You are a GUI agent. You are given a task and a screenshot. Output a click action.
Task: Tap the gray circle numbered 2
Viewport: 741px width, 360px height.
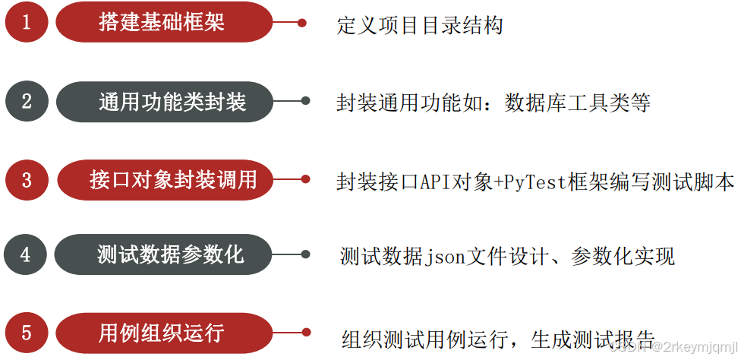27,101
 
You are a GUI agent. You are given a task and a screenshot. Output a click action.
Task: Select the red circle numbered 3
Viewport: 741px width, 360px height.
27,180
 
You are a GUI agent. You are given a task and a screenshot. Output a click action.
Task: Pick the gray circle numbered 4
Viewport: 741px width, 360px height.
27,254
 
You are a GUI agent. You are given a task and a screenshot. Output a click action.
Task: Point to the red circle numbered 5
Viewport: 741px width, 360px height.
27,333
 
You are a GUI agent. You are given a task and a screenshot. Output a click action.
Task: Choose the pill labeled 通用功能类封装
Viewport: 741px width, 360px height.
164,101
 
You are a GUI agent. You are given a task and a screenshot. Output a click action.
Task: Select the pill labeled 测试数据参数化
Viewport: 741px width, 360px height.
164,254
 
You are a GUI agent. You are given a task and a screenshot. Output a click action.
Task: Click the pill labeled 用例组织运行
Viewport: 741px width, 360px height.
164,333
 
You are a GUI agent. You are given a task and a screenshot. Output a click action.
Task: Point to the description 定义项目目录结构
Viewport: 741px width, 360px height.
419,26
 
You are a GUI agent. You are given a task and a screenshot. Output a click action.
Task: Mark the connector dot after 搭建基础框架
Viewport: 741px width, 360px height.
301,23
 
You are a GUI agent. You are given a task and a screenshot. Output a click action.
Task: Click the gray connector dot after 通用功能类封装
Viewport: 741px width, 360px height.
305,101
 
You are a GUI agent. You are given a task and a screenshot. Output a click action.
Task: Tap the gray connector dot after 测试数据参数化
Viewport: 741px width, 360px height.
305,254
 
